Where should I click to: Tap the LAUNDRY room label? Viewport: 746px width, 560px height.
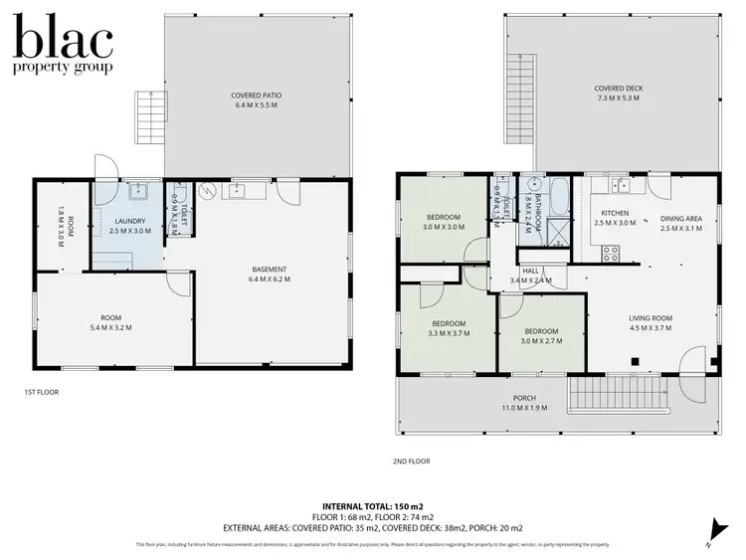pyautogui.click(x=129, y=221)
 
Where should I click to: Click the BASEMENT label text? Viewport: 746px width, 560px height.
pyautogui.click(x=269, y=269)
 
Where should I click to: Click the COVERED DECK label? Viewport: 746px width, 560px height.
pyautogui.click(x=619, y=89)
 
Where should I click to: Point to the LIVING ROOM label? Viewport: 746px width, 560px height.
pyautogui.click(x=651, y=318)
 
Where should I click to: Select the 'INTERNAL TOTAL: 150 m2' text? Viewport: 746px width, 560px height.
pyautogui.click(x=373, y=506)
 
